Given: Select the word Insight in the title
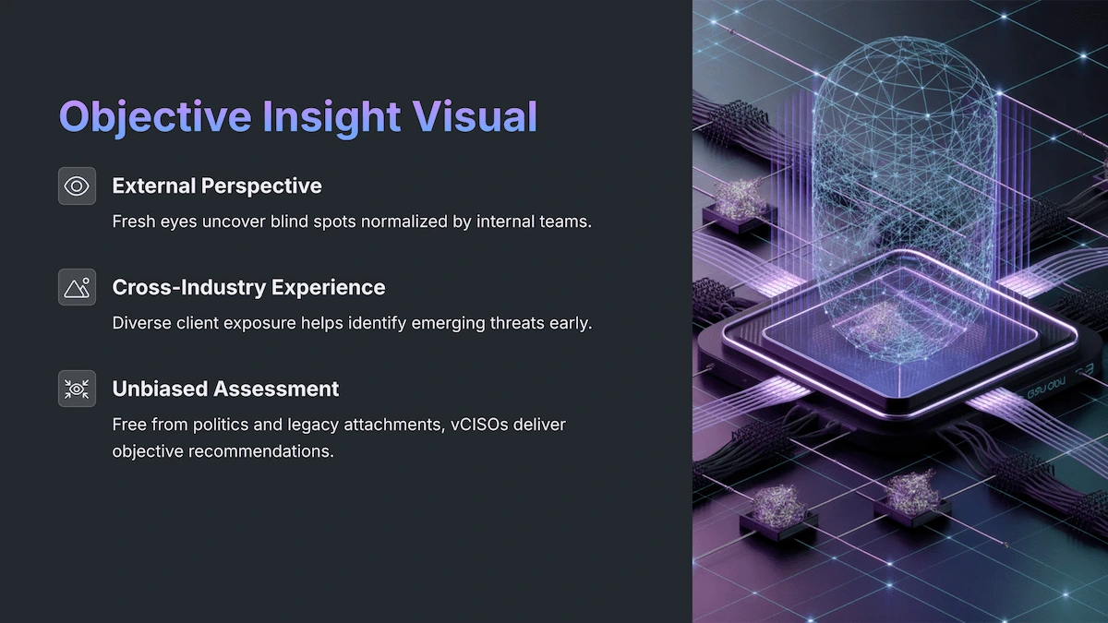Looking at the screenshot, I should point(333,117).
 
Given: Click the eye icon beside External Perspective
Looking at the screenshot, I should point(77,186).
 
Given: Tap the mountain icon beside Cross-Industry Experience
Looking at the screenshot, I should point(77,288).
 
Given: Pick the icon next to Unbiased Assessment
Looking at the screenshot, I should point(77,389).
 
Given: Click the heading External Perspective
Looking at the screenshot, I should point(217,186).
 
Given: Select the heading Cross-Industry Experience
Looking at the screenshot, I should point(248,288).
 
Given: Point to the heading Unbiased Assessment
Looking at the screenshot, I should point(225,389).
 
